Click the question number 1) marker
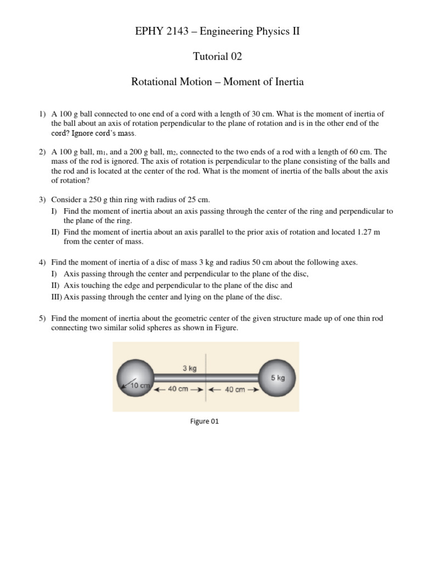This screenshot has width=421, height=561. [42, 115]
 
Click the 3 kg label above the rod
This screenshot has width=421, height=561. [189, 369]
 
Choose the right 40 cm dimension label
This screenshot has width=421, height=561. [234, 390]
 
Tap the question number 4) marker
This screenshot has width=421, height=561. [42, 262]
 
